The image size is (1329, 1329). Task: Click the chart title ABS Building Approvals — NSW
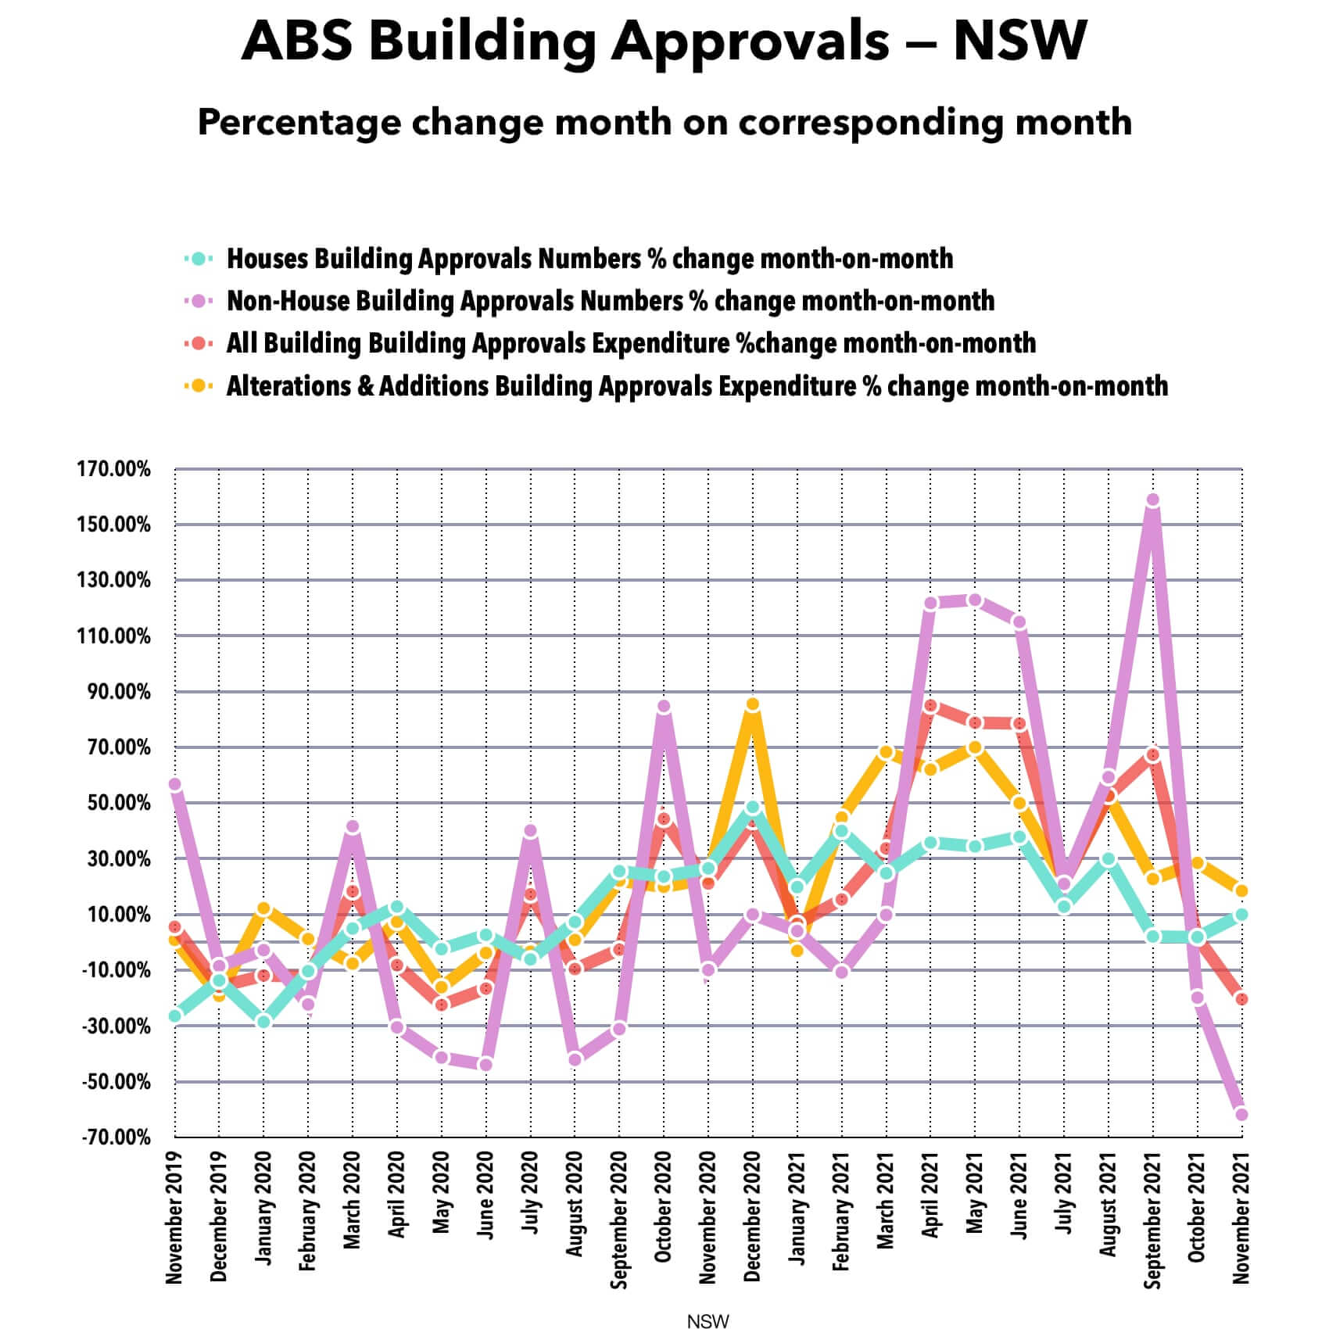(x=664, y=41)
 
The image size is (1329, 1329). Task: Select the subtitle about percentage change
(x=664, y=123)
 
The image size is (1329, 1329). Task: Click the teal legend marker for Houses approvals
(x=199, y=259)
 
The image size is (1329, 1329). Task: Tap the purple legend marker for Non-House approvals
(x=199, y=301)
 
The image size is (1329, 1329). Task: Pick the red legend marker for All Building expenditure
(x=199, y=343)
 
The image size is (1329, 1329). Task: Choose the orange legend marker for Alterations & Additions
(x=199, y=385)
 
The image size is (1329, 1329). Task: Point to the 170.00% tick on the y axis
(x=114, y=469)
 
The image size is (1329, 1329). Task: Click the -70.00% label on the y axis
(x=116, y=1137)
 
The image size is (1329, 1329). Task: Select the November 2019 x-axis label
(x=174, y=1216)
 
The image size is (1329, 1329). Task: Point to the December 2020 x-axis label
(x=752, y=1216)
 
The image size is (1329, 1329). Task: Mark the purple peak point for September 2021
(x=1152, y=500)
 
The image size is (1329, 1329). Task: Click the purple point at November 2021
(x=1241, y=1115)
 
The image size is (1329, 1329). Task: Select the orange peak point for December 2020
(x=752, y=704)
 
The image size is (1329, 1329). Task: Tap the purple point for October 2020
(x=663, y=707)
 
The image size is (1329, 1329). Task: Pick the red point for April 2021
(x=930, y=706)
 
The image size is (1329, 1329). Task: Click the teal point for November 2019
(x=175, y=1016)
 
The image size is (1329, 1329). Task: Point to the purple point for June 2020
(x=485, y=1065)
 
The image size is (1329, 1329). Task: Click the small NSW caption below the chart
(x=707, y=1321)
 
